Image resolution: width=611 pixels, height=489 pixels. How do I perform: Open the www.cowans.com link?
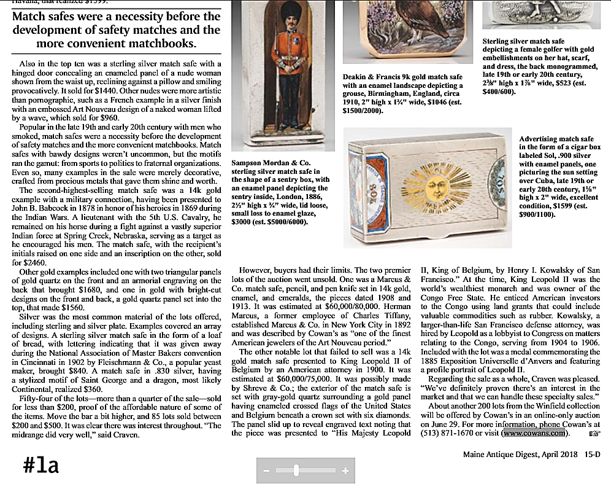532,433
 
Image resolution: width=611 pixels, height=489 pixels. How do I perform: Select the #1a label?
41,465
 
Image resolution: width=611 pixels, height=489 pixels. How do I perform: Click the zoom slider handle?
296,471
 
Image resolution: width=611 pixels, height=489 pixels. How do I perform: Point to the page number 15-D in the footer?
592,455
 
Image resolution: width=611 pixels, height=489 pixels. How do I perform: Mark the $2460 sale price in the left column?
34,262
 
